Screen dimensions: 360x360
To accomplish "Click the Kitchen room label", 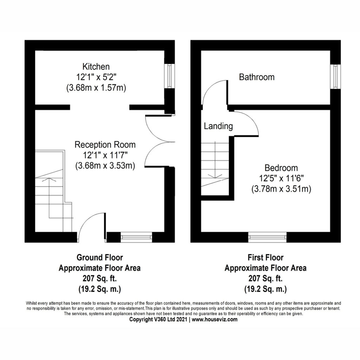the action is [x=96, y=66].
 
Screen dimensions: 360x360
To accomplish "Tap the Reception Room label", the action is [x=105, y=144].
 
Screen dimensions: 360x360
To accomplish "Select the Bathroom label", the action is [x=257, y=77].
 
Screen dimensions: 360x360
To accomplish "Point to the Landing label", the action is [x=218, y=126].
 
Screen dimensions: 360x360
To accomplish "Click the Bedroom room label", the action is [x=281, y=168].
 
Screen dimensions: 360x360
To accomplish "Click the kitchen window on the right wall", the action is [x=169, y=76].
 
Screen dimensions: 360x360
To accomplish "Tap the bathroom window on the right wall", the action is [x=335, y=76].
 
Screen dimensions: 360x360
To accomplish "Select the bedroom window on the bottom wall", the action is [x=268, y=237].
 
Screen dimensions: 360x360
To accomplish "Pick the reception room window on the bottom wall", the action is [x=136, y=237].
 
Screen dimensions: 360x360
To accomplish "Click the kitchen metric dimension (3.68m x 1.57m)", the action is [x=96, y=88].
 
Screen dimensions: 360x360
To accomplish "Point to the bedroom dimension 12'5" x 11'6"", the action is [x=281, y=178].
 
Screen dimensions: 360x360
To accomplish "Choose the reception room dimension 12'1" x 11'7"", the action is [x=105, y=155].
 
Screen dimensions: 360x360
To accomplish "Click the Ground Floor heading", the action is [x=99, y=257].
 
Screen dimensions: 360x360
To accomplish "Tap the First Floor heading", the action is [x=265, y=257].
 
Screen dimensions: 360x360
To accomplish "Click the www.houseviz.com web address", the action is [x=215, y=319].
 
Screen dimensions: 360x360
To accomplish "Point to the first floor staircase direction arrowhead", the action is [x=215, y=176].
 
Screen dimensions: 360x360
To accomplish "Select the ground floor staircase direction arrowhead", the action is [x=49, y=179].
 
